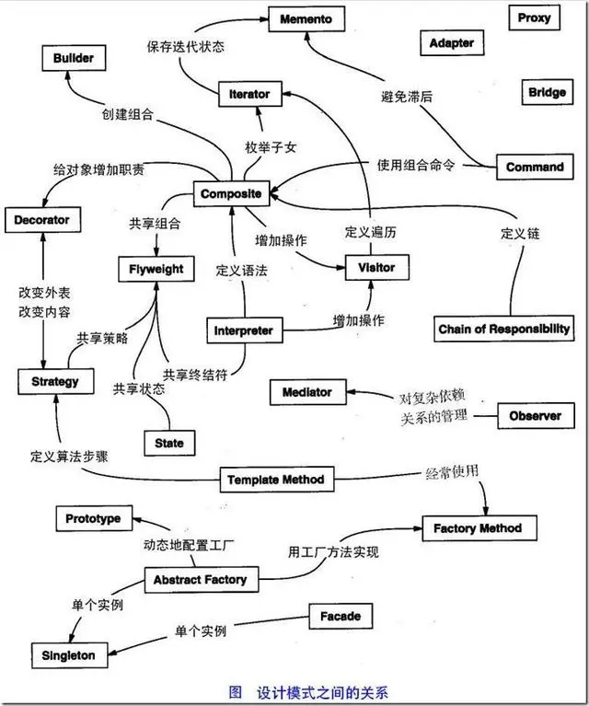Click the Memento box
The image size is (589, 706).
(x=306, y=18)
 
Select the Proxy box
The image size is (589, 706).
(x=534, y=18)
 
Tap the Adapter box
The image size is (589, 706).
(x=452, y=43)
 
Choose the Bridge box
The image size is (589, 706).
(x=547, y=93)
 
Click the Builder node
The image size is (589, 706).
(x=73, y=58)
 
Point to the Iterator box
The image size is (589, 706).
(x=249, y=94)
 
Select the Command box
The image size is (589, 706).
(x=535, y=168)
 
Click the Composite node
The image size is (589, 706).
(x=231, y=194)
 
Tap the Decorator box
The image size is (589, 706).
(x=42, y=221)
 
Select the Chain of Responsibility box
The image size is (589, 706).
(x=503, y=329)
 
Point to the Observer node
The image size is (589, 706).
(x=535, y=416)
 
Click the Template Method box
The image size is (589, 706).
(x=276, y=480)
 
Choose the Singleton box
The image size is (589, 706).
(x=68, y=655)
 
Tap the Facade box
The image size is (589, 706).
(x=341, y=616)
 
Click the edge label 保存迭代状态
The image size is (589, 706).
(x=187, y=45)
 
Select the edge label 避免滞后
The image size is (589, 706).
(x=410, y=95)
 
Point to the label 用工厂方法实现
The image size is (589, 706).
(x=333, y=552)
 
